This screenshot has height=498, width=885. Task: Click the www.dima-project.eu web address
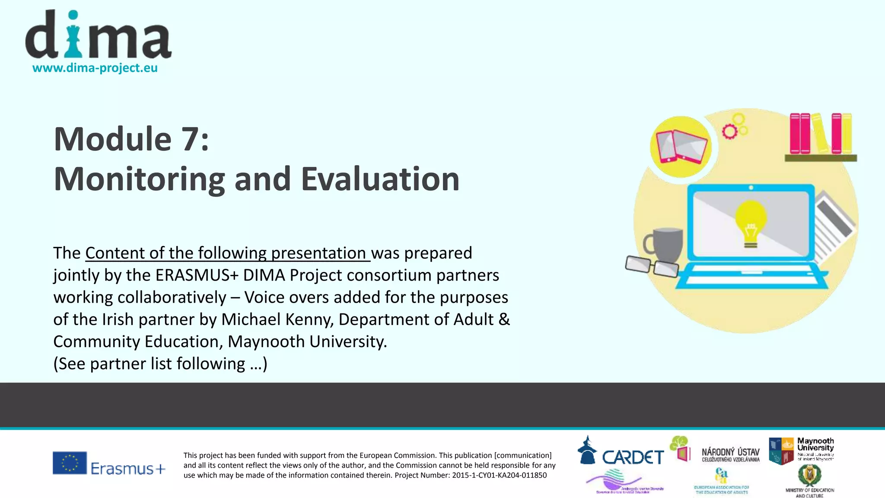[95, 68]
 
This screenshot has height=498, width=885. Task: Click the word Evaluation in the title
[380, 179]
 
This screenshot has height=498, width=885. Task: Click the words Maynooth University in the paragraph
[307, 342]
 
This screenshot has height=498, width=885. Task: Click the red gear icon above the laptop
[729, 131]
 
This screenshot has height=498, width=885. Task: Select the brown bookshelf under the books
[820, 158]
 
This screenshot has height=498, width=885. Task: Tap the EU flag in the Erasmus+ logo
[70, 463]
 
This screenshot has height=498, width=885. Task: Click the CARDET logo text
[633, 457]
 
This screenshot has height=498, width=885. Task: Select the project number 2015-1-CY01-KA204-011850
[499, 476]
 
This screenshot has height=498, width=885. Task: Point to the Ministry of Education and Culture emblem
[809, 476]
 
